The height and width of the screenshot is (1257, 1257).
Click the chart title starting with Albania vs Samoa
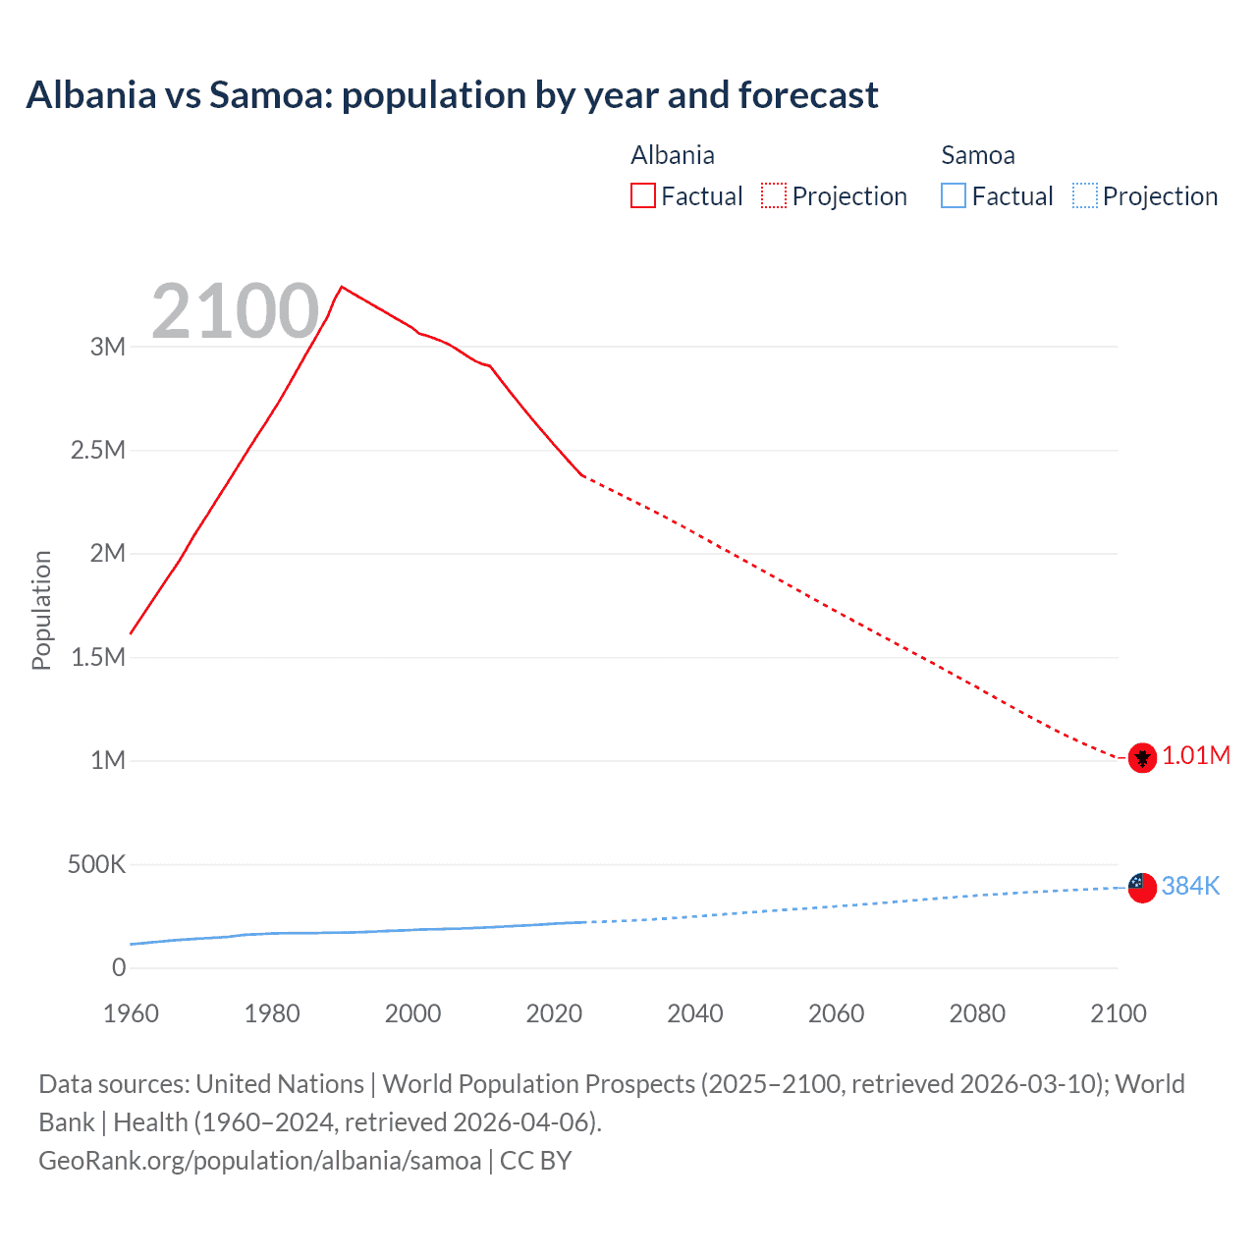pos(452,95)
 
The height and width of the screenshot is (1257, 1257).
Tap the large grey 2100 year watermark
pos(236,311)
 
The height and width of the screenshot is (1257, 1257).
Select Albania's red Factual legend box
pos(642,195)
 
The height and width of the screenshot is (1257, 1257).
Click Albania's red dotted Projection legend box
pos(774,195)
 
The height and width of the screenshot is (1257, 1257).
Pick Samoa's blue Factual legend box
pos(953,195)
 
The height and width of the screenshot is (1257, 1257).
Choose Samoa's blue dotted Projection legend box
pos(1084,195)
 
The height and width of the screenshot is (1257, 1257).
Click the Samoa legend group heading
pos(977,155)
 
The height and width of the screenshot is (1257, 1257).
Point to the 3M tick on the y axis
pos(108,347)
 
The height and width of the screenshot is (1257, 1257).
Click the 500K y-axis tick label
pos(96,864)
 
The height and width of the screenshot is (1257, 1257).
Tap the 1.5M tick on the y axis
pos(98,657)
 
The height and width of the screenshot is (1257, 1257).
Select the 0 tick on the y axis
pos(119,967)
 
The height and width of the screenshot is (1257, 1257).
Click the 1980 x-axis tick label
pos(272,1013)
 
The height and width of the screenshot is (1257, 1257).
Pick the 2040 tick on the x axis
pos(695,1013)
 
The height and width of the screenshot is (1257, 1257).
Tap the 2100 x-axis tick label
pos(1119,1013)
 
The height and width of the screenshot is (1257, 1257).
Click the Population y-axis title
pos(41,610)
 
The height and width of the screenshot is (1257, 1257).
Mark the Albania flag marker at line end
pos(1141,758)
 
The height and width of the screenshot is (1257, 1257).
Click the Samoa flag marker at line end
pos(1141,888)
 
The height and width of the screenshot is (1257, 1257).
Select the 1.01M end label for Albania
pos(1196,755)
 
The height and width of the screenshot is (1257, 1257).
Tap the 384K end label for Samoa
pos(1190,886)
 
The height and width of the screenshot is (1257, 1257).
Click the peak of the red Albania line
pos(341,287)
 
